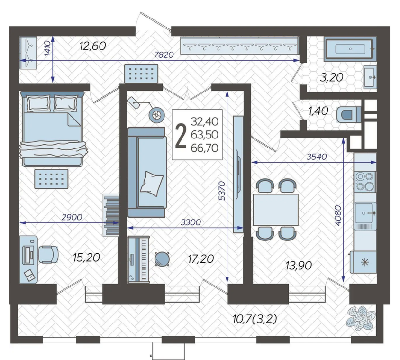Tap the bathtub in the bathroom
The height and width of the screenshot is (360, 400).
(350, 49)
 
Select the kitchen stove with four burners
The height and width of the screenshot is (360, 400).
(365, 181)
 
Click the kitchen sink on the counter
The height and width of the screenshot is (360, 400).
(365, 212)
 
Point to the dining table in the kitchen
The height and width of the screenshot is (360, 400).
(275, 210)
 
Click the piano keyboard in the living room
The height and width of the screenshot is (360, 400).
(138, 259)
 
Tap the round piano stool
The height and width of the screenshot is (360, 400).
(162, 259)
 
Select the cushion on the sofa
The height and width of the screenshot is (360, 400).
(151, 183)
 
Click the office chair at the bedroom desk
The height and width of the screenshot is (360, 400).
(48, 255)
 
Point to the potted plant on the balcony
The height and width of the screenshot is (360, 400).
(361, 318)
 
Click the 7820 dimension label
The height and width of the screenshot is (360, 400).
(164, 55)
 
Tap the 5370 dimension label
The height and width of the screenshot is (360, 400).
(222, 191)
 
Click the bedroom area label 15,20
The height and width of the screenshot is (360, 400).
(86, 258)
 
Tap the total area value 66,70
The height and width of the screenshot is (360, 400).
(205, 148)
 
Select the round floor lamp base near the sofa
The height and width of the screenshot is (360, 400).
(156, 115)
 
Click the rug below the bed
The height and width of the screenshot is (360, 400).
(51, 179)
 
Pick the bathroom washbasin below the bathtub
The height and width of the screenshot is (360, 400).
(370, 77)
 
